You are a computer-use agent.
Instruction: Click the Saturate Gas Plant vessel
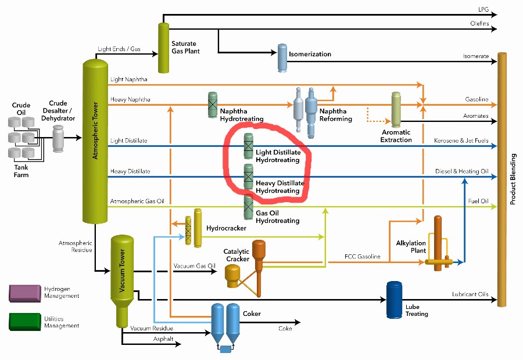[x=163, y=48]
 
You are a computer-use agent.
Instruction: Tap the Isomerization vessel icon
[x=282, y=56]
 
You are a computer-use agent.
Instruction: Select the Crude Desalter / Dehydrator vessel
[x=58, y=138]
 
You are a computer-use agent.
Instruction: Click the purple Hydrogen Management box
[x=24, y=292]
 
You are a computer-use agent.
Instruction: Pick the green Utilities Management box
[x=24, y=322]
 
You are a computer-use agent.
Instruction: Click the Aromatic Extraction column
[x=396, y=109]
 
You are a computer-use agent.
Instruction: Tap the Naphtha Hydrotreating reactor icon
[x=213, y=105]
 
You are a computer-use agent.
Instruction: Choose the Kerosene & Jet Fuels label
[x=461, y=141]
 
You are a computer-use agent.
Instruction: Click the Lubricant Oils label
[x=470, y=294]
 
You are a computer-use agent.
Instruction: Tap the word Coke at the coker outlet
[x=285, y=329]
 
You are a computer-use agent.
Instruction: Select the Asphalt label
[x=163, y=339]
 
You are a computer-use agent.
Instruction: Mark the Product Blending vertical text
[x=513, y=179]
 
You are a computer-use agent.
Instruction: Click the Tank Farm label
[x=21, y=171]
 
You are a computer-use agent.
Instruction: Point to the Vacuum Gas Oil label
[x=194, y=266]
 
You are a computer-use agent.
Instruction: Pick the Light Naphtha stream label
[x=128, y=79]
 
